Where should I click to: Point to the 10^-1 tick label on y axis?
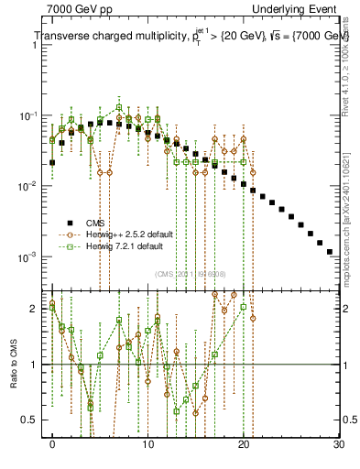(30, 115)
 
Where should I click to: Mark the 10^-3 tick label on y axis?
(30, 256)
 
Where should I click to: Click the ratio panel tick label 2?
(37, 309)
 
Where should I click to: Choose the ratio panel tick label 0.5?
(32, 420)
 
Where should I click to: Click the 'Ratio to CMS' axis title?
(12, 365)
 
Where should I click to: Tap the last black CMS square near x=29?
(330, 250)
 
